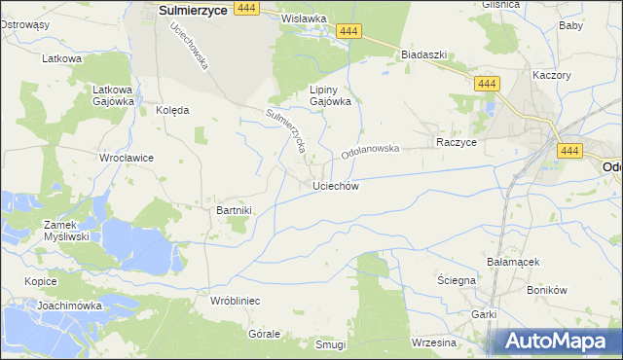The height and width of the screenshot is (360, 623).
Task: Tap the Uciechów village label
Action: (x=337, y=186)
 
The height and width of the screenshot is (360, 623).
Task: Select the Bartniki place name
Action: (x=234, y=210)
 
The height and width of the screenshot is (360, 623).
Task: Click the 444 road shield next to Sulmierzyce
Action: (x=247, y=7)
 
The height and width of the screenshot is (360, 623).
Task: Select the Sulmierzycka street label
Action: (x=286, y=132)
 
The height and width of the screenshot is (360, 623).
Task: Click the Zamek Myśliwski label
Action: (x=66, y=230)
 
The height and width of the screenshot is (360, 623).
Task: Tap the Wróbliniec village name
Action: (x=235, y=301)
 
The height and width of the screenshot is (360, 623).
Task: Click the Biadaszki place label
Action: (x=423, y=54)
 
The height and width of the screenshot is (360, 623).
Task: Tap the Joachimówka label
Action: (x=70, y=305)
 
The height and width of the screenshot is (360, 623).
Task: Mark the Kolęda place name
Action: (x=172, y=110)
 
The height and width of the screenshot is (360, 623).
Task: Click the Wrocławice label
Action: (x=125, y=157)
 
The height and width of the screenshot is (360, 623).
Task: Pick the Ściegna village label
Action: (x=456, y=280)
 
